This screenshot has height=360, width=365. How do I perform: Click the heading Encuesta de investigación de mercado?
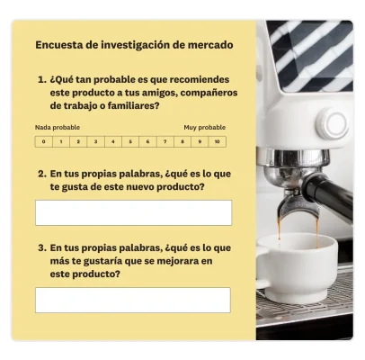click(134, 44)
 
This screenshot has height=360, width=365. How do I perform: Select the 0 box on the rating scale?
click(43, 141)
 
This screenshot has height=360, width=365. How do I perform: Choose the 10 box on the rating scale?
click(217, 141)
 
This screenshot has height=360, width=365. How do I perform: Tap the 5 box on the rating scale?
click(129, 141)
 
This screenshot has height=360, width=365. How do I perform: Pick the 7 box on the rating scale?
click(164, 141)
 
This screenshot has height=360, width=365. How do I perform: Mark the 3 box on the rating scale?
click(95, 141)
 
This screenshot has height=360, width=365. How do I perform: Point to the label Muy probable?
click(205, 128)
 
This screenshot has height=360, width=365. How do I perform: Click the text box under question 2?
click(133, 212)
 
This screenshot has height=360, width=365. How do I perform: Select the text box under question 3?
click(133, 300)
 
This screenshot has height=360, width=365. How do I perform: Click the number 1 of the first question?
click(41, 79)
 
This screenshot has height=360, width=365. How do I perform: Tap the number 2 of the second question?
click(41, 173)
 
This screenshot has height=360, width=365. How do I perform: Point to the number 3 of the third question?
click(41, 247)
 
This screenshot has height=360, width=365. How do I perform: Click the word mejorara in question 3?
click(173, 260)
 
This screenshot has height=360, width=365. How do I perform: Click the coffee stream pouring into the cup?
click(280, 225)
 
